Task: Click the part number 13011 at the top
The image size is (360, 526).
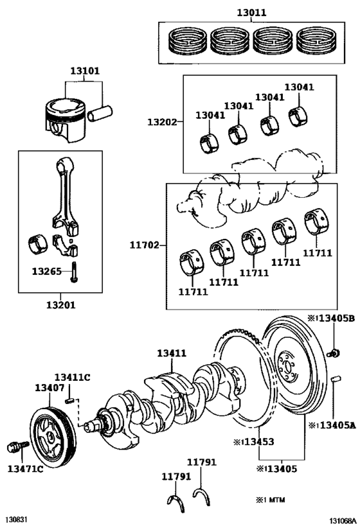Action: click(251, 12)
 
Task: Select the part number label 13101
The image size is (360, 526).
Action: click(85, 71)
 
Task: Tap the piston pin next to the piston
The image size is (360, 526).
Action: click(100, 113)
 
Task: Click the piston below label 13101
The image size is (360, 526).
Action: click(66, 119)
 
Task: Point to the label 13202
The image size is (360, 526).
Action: click(162, 122)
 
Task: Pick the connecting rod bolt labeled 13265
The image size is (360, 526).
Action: click(73, 272)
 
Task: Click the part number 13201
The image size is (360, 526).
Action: click(61, 305)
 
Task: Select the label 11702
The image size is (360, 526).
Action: click(145, 245)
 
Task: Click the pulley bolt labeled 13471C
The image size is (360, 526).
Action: click(18, 446)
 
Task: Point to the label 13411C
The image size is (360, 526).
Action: click(73, 378)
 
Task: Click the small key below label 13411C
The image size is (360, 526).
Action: click(69, 400)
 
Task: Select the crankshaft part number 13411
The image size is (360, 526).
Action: click(172, 353)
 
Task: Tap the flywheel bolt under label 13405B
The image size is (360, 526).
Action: click(333, 353)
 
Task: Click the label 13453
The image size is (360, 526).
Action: click(253, 442)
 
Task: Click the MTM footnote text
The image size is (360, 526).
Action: click(271, 500)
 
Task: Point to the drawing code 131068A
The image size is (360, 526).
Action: click(342, 521)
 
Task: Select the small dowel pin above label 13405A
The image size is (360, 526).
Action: click(336, 379)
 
